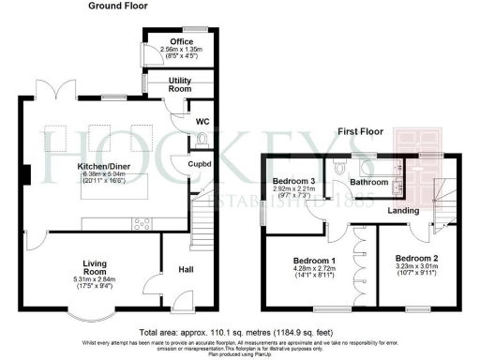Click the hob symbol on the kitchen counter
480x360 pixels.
[143, 222]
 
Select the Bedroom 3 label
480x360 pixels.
[291, 181]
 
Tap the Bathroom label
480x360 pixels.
[368, 182]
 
